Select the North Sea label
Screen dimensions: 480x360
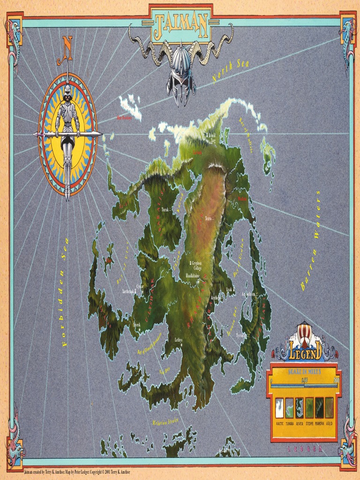point(231,71)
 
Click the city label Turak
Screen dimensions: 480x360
point(165,210)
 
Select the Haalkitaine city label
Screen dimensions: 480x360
point(193,276)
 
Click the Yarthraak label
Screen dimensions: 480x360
point(128,291)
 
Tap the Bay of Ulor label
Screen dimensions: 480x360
point(123,260)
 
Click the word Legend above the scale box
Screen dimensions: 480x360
point(304,350)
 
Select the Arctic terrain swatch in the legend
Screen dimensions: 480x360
point(279,407)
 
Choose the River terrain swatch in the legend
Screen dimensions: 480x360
point(300,407)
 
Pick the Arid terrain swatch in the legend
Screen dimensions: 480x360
point(329,407)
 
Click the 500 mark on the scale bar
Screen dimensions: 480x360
point(336,380)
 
